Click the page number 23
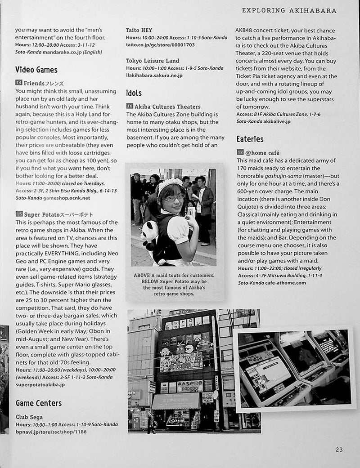pos(339,449)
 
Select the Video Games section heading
pos(36,70)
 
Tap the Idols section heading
pos(134,93)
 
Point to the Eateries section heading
pos(250,139)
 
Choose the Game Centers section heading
pos(39,403)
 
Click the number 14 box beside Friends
pos(18,83)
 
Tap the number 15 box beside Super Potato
pos(18,214)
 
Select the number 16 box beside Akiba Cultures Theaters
pos(130,107)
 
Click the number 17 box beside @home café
pos(240,152)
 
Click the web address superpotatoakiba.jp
pos(40,384)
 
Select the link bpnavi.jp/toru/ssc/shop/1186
pos(51,432)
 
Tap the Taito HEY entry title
pos(139,30)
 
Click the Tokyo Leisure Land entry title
pos(153,61)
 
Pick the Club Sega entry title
pos(29,417)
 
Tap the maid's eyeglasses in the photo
pos(174,197)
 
